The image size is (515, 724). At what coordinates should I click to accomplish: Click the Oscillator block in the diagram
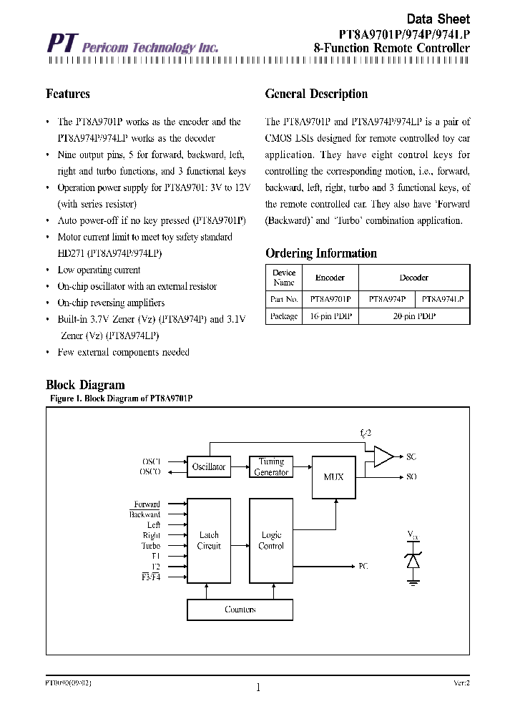[208, 466]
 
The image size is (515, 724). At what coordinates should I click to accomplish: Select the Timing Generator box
[271, 466]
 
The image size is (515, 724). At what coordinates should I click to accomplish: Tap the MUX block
[333, 476]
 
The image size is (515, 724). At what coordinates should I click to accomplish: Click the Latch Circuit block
[208, 540]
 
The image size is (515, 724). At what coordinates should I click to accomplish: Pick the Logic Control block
[271, 540]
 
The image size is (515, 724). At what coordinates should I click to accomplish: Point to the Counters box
[240, 610]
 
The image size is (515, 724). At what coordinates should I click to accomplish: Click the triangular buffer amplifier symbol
[383, 456]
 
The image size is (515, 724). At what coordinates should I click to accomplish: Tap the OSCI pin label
[151, 461]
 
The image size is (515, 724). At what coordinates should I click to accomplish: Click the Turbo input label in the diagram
[150, 545]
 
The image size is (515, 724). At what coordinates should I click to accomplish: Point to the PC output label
[363, 565]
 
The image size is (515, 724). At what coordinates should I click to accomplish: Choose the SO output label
[411, 476]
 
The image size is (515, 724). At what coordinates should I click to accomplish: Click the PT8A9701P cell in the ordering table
[330, 300]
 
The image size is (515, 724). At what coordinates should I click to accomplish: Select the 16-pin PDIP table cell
[330, 316]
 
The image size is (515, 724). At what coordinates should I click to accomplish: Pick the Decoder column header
[413, 278]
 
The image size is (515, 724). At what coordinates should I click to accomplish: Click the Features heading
[68, 94]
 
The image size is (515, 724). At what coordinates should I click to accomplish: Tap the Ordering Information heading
[320, 253]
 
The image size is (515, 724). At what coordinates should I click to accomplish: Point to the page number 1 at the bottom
[257, 688]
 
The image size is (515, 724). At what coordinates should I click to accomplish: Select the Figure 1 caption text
[122, 398]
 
